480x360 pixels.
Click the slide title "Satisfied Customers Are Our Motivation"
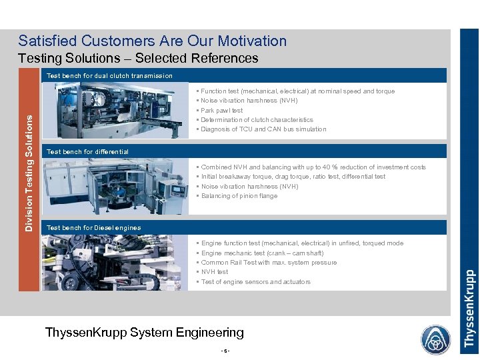click(x=152, y=41)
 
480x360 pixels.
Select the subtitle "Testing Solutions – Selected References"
click(x=138, y=59)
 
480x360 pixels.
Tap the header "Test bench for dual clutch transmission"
click(x=109, y=76)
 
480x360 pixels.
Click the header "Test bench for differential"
click(x=87, y=152)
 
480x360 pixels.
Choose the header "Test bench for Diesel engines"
click(x=93, y=228)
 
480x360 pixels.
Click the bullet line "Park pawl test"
click(x=221, y=111)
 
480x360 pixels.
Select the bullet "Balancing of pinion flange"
click(x=239, y=196)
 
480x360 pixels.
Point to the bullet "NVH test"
click(x=214, y=272)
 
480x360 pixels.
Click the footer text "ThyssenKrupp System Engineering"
click(x=144, y=332)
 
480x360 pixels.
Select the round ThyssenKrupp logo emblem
click(x=435, y=340)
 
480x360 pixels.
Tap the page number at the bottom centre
click(x=226, y=351)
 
